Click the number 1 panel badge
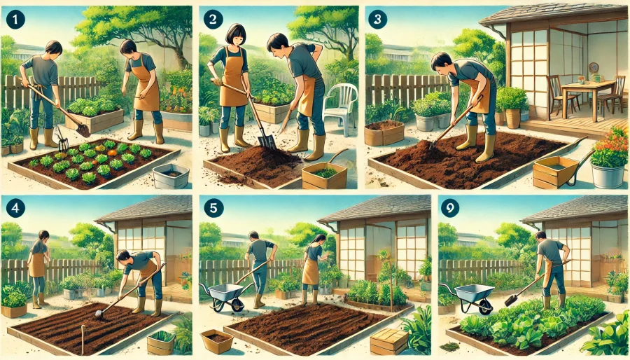[x=15, y=20]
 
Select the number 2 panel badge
[x=213, y=20]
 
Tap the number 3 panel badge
[x=377, y=19]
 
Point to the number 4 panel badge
[x=15, y=209]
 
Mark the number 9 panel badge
[x=450, y=209]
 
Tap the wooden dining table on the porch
[x=588, y=95]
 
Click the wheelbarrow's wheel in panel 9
[x=486, y=307]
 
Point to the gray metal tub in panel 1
[x=171, y=176]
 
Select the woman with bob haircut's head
[x=235, y=34]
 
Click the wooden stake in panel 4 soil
[x=83, y=340]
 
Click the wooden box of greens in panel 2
[x=324, y=175]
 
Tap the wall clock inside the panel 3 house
[x=594, y=67]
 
